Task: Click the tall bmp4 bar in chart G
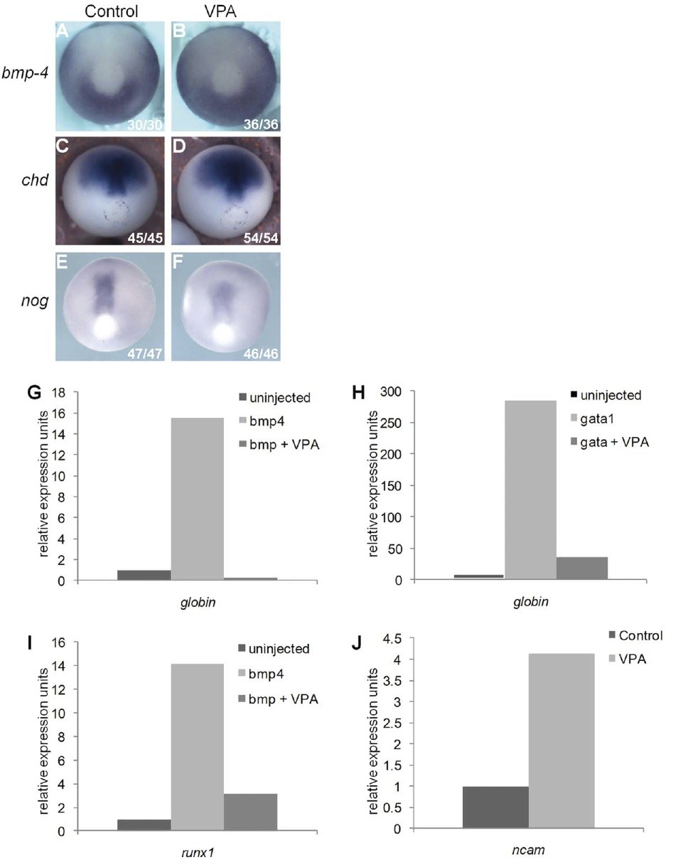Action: click(x=198, y=499)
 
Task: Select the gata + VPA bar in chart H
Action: click(x=582, y=568)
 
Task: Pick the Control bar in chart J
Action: click(x=495, y=807)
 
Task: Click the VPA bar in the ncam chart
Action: click(x=561, y=741)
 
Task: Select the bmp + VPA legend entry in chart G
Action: click(x=279, y=444)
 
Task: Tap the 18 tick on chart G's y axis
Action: click(x=58, y=392)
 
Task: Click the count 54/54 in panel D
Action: click(x=261, y=237)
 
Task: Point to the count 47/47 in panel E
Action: click(x=145, y=354)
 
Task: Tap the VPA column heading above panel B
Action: click(x=220, y=11)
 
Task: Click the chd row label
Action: click(x=35, y=180)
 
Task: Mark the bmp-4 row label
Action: click(x=26, y=72)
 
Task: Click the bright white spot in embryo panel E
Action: click(x=106, y=325)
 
